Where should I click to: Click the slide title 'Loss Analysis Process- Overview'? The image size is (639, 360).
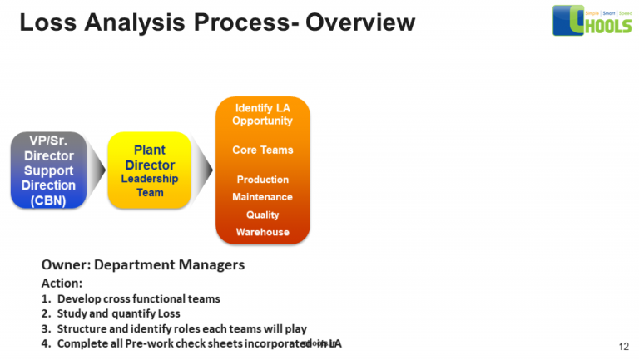click(216, 22)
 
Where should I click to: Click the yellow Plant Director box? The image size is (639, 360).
click(150, 170)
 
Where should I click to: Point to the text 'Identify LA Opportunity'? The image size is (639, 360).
click(262, 115)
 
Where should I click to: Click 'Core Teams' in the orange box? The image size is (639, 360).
click(262, 150)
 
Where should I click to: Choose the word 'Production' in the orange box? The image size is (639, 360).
click(262, 180)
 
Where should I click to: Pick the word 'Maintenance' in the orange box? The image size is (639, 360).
click(262, 197)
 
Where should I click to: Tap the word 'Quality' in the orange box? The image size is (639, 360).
click(262, 215)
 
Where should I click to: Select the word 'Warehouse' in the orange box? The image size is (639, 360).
click(262, 232)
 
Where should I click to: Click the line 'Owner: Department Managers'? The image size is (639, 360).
click(142, 264)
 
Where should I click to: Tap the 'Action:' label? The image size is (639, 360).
click(62, 283)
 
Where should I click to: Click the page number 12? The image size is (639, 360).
click(623, 345)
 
